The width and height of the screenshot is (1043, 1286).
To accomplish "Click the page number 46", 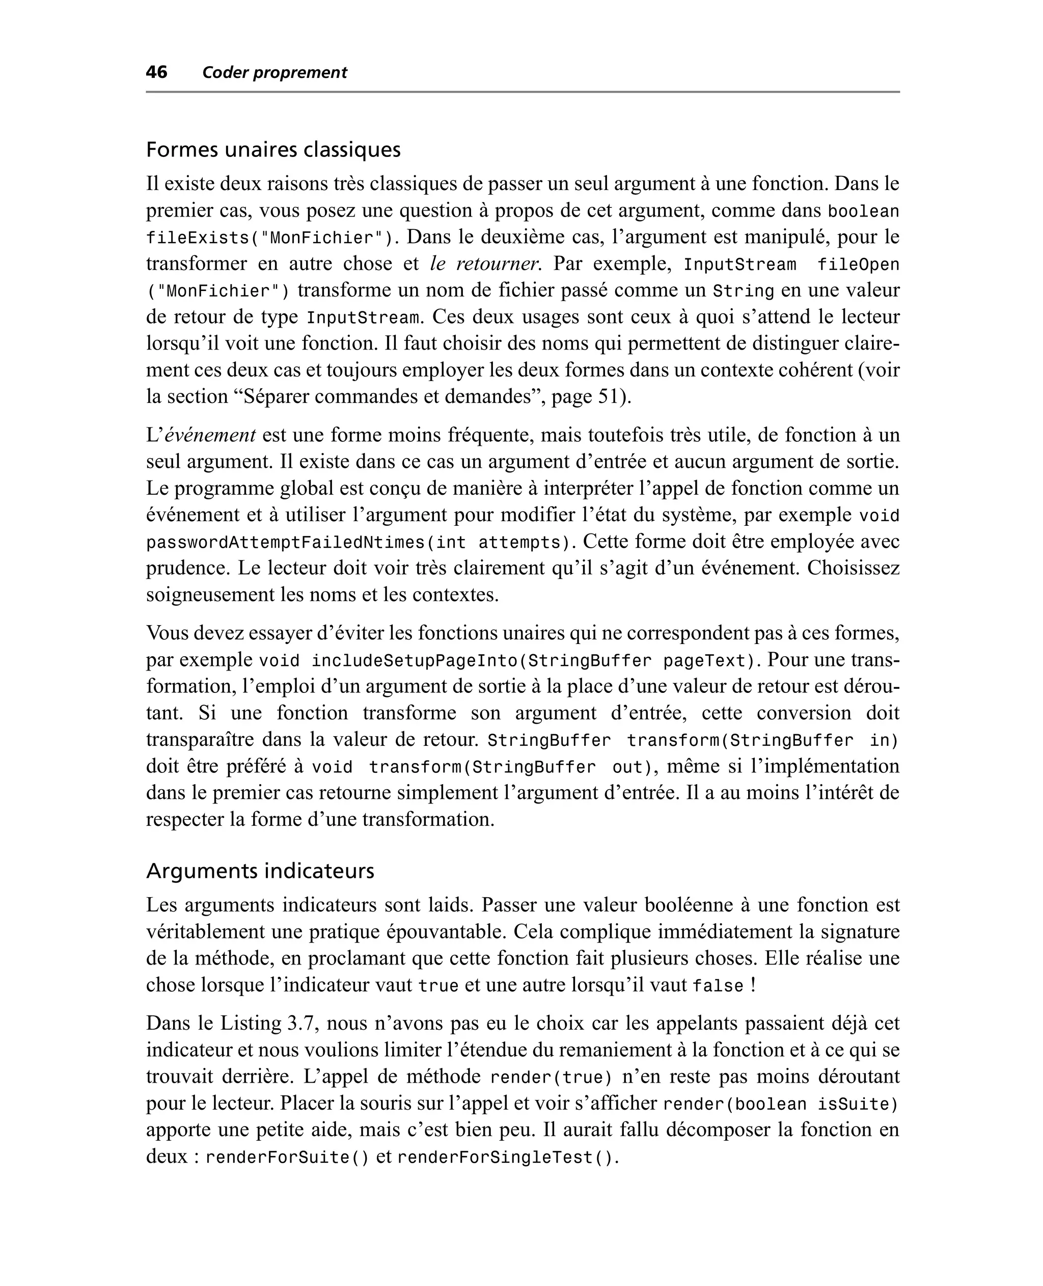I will pos(156,72).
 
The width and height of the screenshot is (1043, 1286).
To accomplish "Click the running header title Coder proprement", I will pos(275,73).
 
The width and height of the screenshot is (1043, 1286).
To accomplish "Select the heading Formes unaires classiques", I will pos(273,149).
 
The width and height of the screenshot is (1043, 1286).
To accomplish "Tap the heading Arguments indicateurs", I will pos(260,870).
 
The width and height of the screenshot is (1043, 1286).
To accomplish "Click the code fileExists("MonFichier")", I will pos(271,238).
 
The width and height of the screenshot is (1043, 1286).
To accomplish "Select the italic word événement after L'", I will pos(210,435).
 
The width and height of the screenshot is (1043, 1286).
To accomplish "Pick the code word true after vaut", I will pos(438,986).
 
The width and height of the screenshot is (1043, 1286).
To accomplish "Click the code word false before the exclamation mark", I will pos(718,986).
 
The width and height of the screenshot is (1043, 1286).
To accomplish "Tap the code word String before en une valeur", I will pos(743,291).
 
